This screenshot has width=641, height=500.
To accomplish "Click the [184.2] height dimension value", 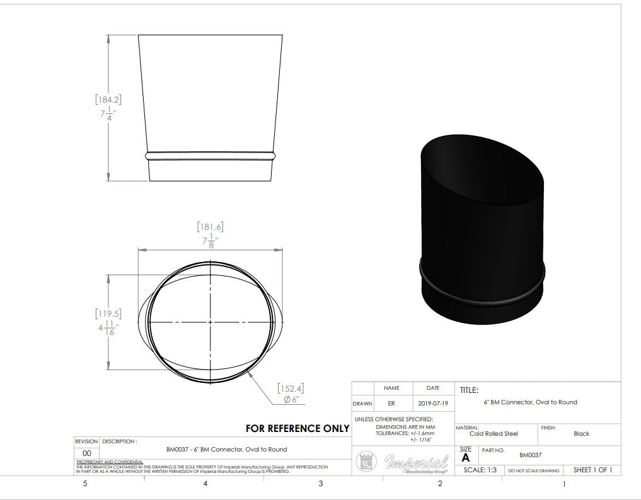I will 108,99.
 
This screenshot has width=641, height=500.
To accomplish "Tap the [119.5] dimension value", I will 108,314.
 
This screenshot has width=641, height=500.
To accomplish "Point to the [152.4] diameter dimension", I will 291,389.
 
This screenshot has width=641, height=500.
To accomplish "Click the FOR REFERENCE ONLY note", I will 297,428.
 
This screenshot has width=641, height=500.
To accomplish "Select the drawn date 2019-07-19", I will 432,403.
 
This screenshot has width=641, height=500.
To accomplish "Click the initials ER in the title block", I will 391,403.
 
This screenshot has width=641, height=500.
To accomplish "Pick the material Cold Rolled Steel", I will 494,434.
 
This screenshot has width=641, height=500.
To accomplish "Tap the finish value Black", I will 581,434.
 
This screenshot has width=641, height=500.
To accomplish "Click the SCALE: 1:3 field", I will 480,470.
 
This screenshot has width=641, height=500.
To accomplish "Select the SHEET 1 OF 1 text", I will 592,470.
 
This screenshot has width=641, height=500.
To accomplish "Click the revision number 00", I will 87,453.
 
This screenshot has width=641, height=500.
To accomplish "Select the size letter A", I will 466,458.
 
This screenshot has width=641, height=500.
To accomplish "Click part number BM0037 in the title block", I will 530,455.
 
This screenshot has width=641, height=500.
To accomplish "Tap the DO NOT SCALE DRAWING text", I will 534,471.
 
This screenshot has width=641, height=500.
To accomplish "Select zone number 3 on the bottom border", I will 320,484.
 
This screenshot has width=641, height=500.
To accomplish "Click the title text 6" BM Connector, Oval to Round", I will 530,402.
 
